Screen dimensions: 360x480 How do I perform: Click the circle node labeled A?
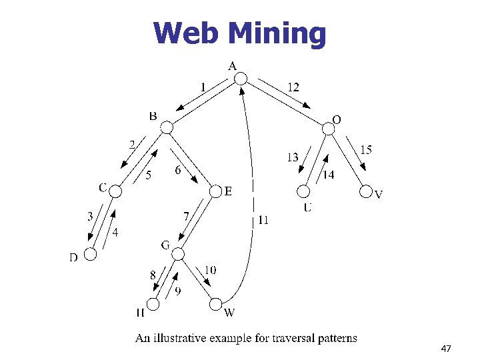(x=241, y=79)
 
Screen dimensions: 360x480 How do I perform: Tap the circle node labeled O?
(x=328, y=128)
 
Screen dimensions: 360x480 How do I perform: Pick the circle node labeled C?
(x=116, y=192)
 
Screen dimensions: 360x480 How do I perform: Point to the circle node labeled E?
(x=215, y=192)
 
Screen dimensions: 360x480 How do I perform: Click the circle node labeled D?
(x=90, y=254)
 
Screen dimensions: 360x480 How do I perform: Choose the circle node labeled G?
(x=178, y=253)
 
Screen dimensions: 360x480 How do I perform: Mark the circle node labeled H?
(x=153, y=305)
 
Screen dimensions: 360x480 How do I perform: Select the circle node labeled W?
(x=215, y=305)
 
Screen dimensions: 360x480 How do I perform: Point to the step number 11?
(x=263, y=220)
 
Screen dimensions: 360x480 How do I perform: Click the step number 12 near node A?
(x=293, y=87)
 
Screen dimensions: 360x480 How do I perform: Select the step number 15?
(x=366, y=150)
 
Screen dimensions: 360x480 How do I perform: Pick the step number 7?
(x=188, y=216)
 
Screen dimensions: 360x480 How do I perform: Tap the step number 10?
(x=210, y=270)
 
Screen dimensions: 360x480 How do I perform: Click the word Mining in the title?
(x=277, y=33)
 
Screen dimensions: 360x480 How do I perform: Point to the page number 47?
(x=446, y=349)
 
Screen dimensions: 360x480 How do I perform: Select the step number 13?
(x=292, y=158)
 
